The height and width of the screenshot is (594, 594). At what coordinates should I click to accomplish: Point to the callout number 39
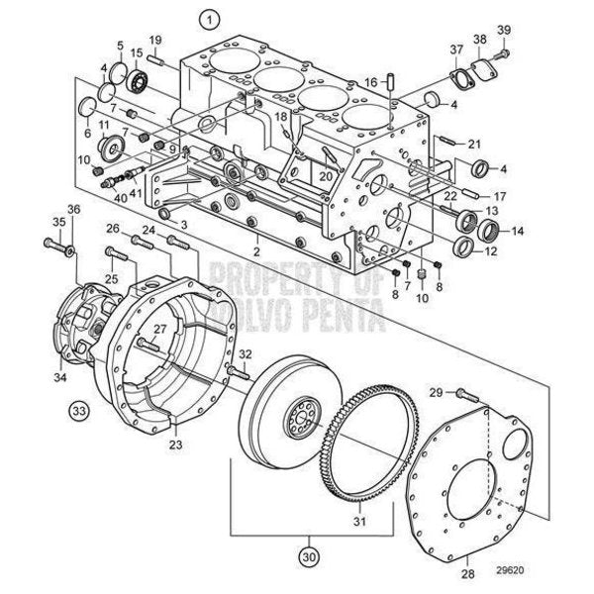(505, 29)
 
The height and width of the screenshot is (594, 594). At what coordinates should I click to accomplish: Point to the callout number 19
(155, 40)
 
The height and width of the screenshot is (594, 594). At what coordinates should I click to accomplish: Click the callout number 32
(246, 355)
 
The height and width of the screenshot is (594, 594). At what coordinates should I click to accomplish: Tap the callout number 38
(478, 40)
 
